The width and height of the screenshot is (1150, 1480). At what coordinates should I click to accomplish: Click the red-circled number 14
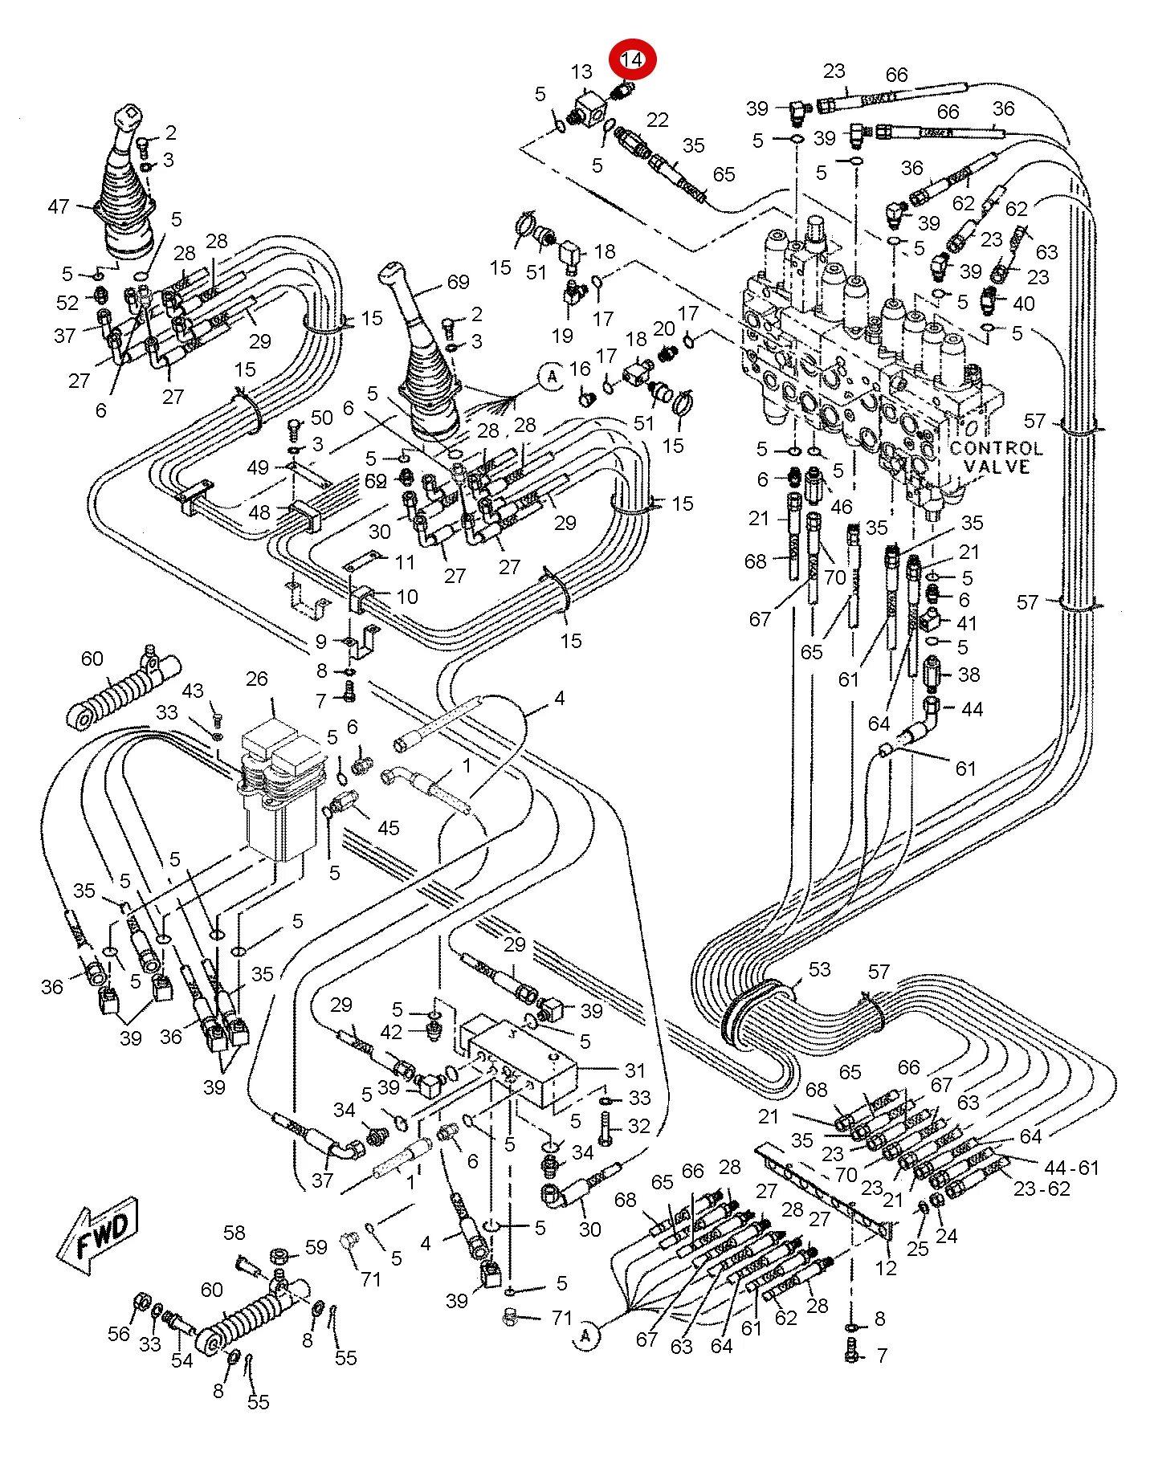632,59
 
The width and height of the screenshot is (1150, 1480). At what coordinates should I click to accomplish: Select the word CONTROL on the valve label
996,448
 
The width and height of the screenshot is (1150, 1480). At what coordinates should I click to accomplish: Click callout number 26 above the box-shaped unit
256,679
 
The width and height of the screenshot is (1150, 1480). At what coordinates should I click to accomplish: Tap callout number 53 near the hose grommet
819,968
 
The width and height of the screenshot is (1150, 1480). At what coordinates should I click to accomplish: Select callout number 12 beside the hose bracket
886,1269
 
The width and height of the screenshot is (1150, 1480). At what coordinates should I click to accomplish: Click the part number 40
1023,304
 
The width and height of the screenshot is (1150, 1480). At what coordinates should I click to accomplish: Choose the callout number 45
388,827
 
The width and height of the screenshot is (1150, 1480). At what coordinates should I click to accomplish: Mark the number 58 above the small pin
234,1232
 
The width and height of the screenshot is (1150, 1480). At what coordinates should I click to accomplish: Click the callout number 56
119,1333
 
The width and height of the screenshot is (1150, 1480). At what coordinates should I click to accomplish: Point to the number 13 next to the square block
581,72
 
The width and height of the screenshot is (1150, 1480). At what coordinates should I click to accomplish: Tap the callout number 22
657,120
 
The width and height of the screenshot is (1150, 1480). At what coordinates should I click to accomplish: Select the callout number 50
321,417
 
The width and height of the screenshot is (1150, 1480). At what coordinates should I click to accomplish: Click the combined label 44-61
1070,1167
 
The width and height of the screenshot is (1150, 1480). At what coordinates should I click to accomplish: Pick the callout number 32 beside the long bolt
638,1126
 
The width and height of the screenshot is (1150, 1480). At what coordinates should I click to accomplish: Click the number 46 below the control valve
841,507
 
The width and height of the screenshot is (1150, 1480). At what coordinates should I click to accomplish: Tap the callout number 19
562,335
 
